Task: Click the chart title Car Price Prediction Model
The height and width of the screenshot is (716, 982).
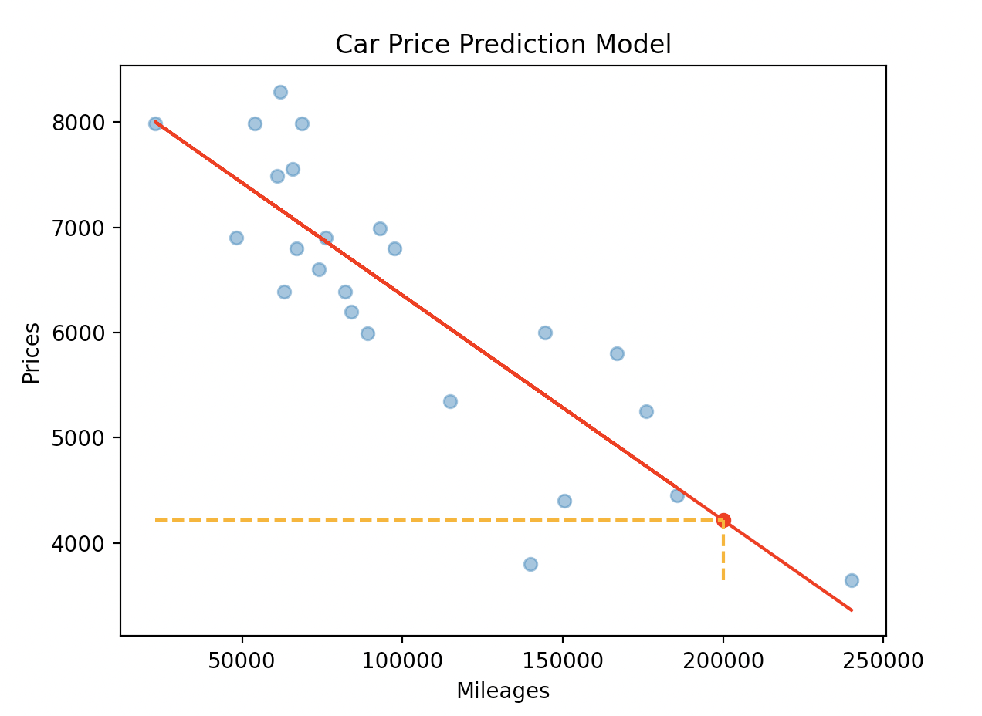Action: pos(503,45)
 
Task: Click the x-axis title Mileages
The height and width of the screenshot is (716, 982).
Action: pos(503,691)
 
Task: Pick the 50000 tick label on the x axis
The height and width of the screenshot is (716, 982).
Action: pos(242,661)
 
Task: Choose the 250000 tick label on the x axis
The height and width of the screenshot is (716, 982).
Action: pos(883,661)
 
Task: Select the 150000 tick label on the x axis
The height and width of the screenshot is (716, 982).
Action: pos(563,661)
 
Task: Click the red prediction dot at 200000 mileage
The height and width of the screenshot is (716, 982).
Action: pos(723,520)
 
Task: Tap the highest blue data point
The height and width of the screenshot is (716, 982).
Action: pos(280,92)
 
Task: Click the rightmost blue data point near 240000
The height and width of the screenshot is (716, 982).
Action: pos(852,580)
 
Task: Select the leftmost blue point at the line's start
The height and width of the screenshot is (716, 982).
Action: pos(155,123)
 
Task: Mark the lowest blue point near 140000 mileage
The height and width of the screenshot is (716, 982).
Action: pos(530,564)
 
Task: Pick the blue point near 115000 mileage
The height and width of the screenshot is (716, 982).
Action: pos(450,401)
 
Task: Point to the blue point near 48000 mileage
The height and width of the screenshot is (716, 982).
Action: pos(236,238)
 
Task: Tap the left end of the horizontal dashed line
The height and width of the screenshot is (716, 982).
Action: pos(157,520)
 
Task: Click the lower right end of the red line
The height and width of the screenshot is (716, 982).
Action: pos(851,610)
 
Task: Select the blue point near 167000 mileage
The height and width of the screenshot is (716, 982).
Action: pos(617,353)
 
